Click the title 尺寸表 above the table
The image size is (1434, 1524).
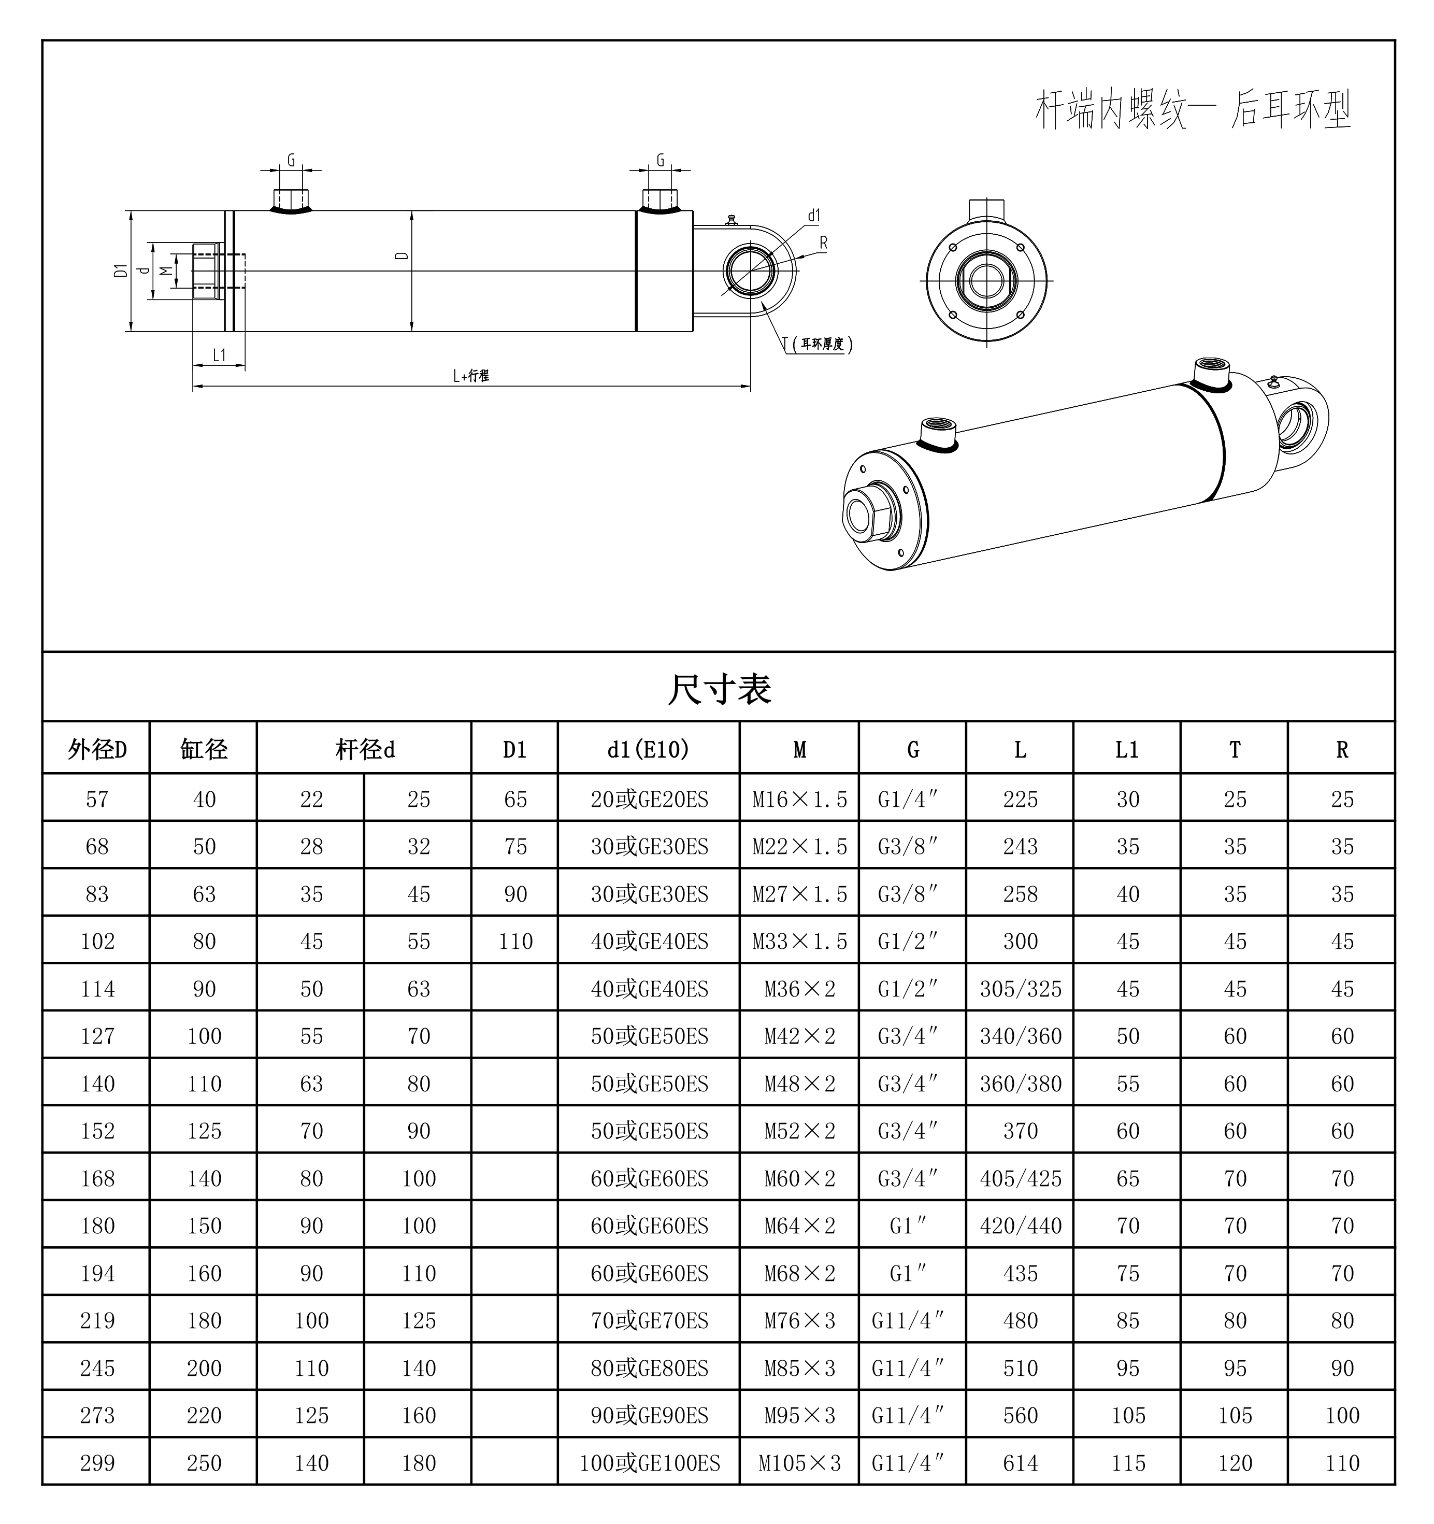(x=719, y=688)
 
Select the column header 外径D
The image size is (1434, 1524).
(x=97, y=749)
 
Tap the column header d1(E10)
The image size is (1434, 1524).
(x=649, y=749)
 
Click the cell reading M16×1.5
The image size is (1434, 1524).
(x=799, y=800)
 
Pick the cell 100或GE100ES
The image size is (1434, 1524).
(x=649, y=1463)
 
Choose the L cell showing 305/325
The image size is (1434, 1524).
(x=1020, y=989)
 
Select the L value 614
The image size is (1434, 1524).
(x=1020, y=1463)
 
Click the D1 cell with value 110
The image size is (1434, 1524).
(x=515, y=942)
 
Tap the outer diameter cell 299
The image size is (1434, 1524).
(x=97, y=1463)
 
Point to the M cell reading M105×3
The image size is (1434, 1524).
(x=799, y=1463)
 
